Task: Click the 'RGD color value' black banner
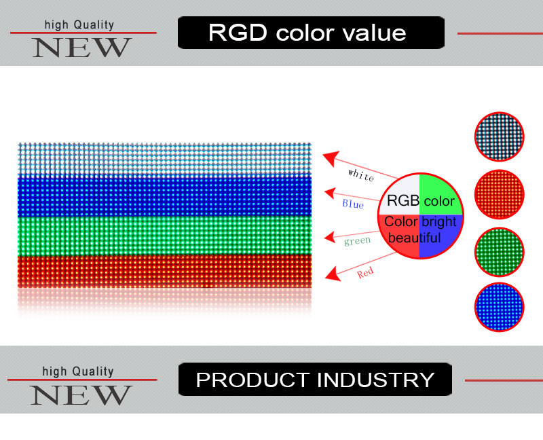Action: pyautogui.click(x=311, y=33)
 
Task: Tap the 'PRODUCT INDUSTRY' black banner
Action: pyautogui.click(x=315, y=380)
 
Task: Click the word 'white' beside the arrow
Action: pyautogui.click(x=361, y=175)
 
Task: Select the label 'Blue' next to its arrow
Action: pyautogui.click(x=353, y=204)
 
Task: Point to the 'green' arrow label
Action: pyautogui.click(x=358, y=240)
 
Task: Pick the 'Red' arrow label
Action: pyautogui.click(x=365, y=273)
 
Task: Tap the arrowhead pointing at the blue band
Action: pyautogui.click(x=331, y=194)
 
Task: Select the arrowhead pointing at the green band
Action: pyautogui.click(x=329, y=237)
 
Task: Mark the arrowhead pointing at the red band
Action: pyautogui.click(x=333, y=274)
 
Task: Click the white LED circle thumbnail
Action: pyautogui.click(x=499, y=136)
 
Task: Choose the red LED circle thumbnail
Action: pyautogui.click(x=499, y=194)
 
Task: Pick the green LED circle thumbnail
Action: pyautogui.click(x=499, y=252)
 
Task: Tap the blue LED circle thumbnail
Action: pyautogui.click(x=499, y=307)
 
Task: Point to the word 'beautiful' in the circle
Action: pyautogui.click(x=414, y=238)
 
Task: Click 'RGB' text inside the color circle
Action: pyautogui.click(x=403, y=200)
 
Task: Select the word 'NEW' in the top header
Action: pyautogui.click(x=81, y=48)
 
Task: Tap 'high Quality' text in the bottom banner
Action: pyautogui.click(x=78, y=371)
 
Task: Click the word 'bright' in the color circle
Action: pyautogui.click(x=439, y=222)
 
